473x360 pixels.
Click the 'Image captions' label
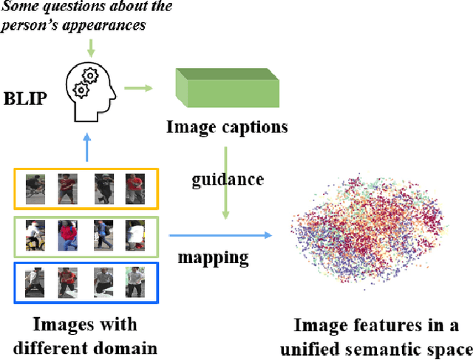click(226, 127)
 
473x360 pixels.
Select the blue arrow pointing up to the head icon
click(87, 147)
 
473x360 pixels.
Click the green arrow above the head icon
click(90, 47)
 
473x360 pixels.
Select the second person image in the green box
click(67, 234)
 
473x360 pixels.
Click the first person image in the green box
click(35, 234)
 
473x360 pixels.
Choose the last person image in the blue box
click(134, 282)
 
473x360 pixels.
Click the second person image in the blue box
click(67, 282)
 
